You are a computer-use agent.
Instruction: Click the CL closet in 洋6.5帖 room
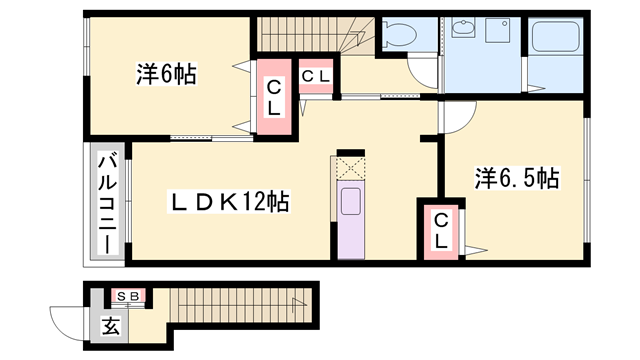441,231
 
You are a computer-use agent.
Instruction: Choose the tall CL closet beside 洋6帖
273,98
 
